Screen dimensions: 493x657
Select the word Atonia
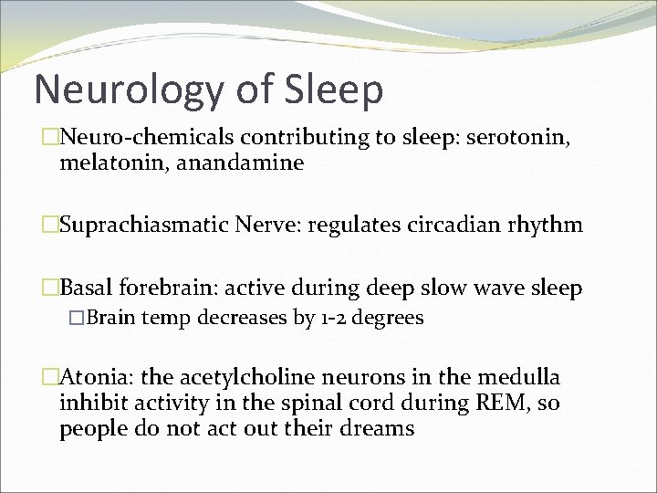click(x=92, y=378)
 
